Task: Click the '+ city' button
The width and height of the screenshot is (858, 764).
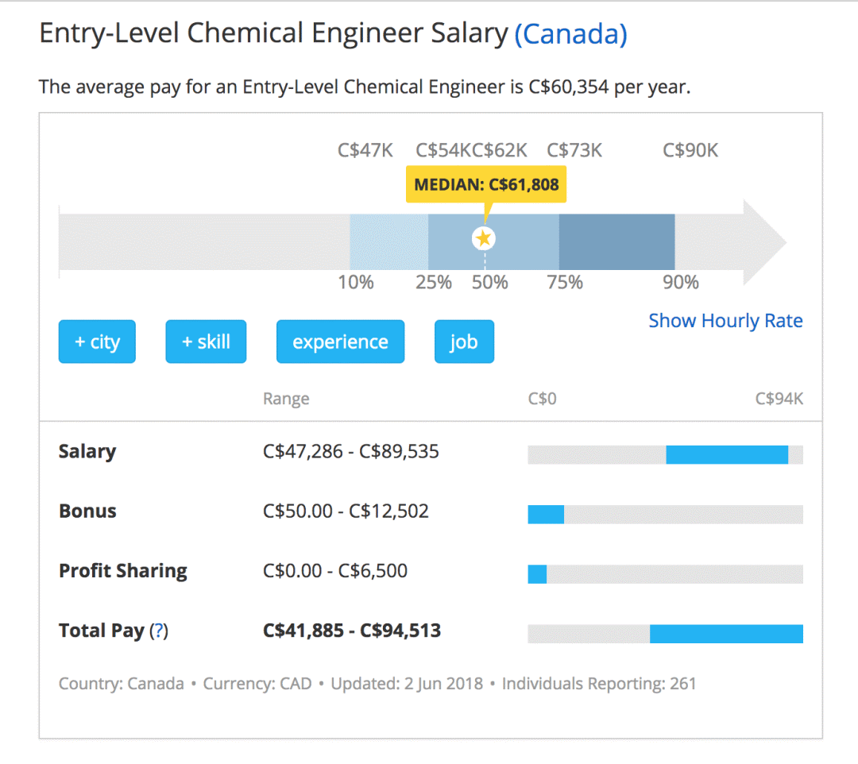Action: click(x=97, y=341)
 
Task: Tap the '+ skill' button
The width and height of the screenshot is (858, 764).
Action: click(x=206, y=341)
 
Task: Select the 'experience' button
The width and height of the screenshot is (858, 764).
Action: click(x=340, y=341)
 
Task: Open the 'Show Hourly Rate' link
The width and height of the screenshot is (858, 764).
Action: click(x=725, y=321)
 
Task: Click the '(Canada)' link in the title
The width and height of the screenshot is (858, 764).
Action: click(x=570, y=34)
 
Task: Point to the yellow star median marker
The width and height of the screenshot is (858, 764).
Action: click(x=484, y=238)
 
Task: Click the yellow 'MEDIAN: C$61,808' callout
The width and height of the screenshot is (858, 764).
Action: click(x=486, y=185)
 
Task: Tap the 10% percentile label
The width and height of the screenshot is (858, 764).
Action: click(x=356, y=282)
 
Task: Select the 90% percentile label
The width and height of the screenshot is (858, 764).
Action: click(x=681, y=282)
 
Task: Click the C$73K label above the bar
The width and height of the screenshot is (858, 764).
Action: click(x=574, y=150)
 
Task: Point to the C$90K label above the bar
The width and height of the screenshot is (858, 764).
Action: click(x=690, y=150)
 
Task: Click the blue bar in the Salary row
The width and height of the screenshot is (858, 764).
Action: click(x=727, y=455)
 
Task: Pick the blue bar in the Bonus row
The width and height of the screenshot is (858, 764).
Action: click(x=546, y=515)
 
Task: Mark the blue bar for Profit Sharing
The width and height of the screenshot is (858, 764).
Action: click(x=537, y=574)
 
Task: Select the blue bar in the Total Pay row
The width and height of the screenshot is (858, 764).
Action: click(x=727, y=634)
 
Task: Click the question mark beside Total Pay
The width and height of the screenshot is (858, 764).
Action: click(x=159, y=631)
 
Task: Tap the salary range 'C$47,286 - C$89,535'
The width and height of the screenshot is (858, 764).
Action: click(x=351, y=452)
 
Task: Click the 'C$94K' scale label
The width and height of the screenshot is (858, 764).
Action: click(x=779, y=399)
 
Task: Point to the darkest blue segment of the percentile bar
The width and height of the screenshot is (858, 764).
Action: click(x=616, y=241)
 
